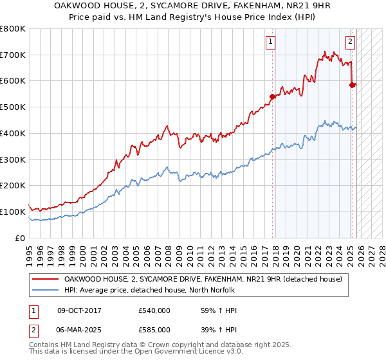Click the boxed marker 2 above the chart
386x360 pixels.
tap(350, 42)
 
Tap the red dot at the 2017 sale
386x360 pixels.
tap(272, 96)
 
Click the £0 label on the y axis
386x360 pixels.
tap(21, 238)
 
